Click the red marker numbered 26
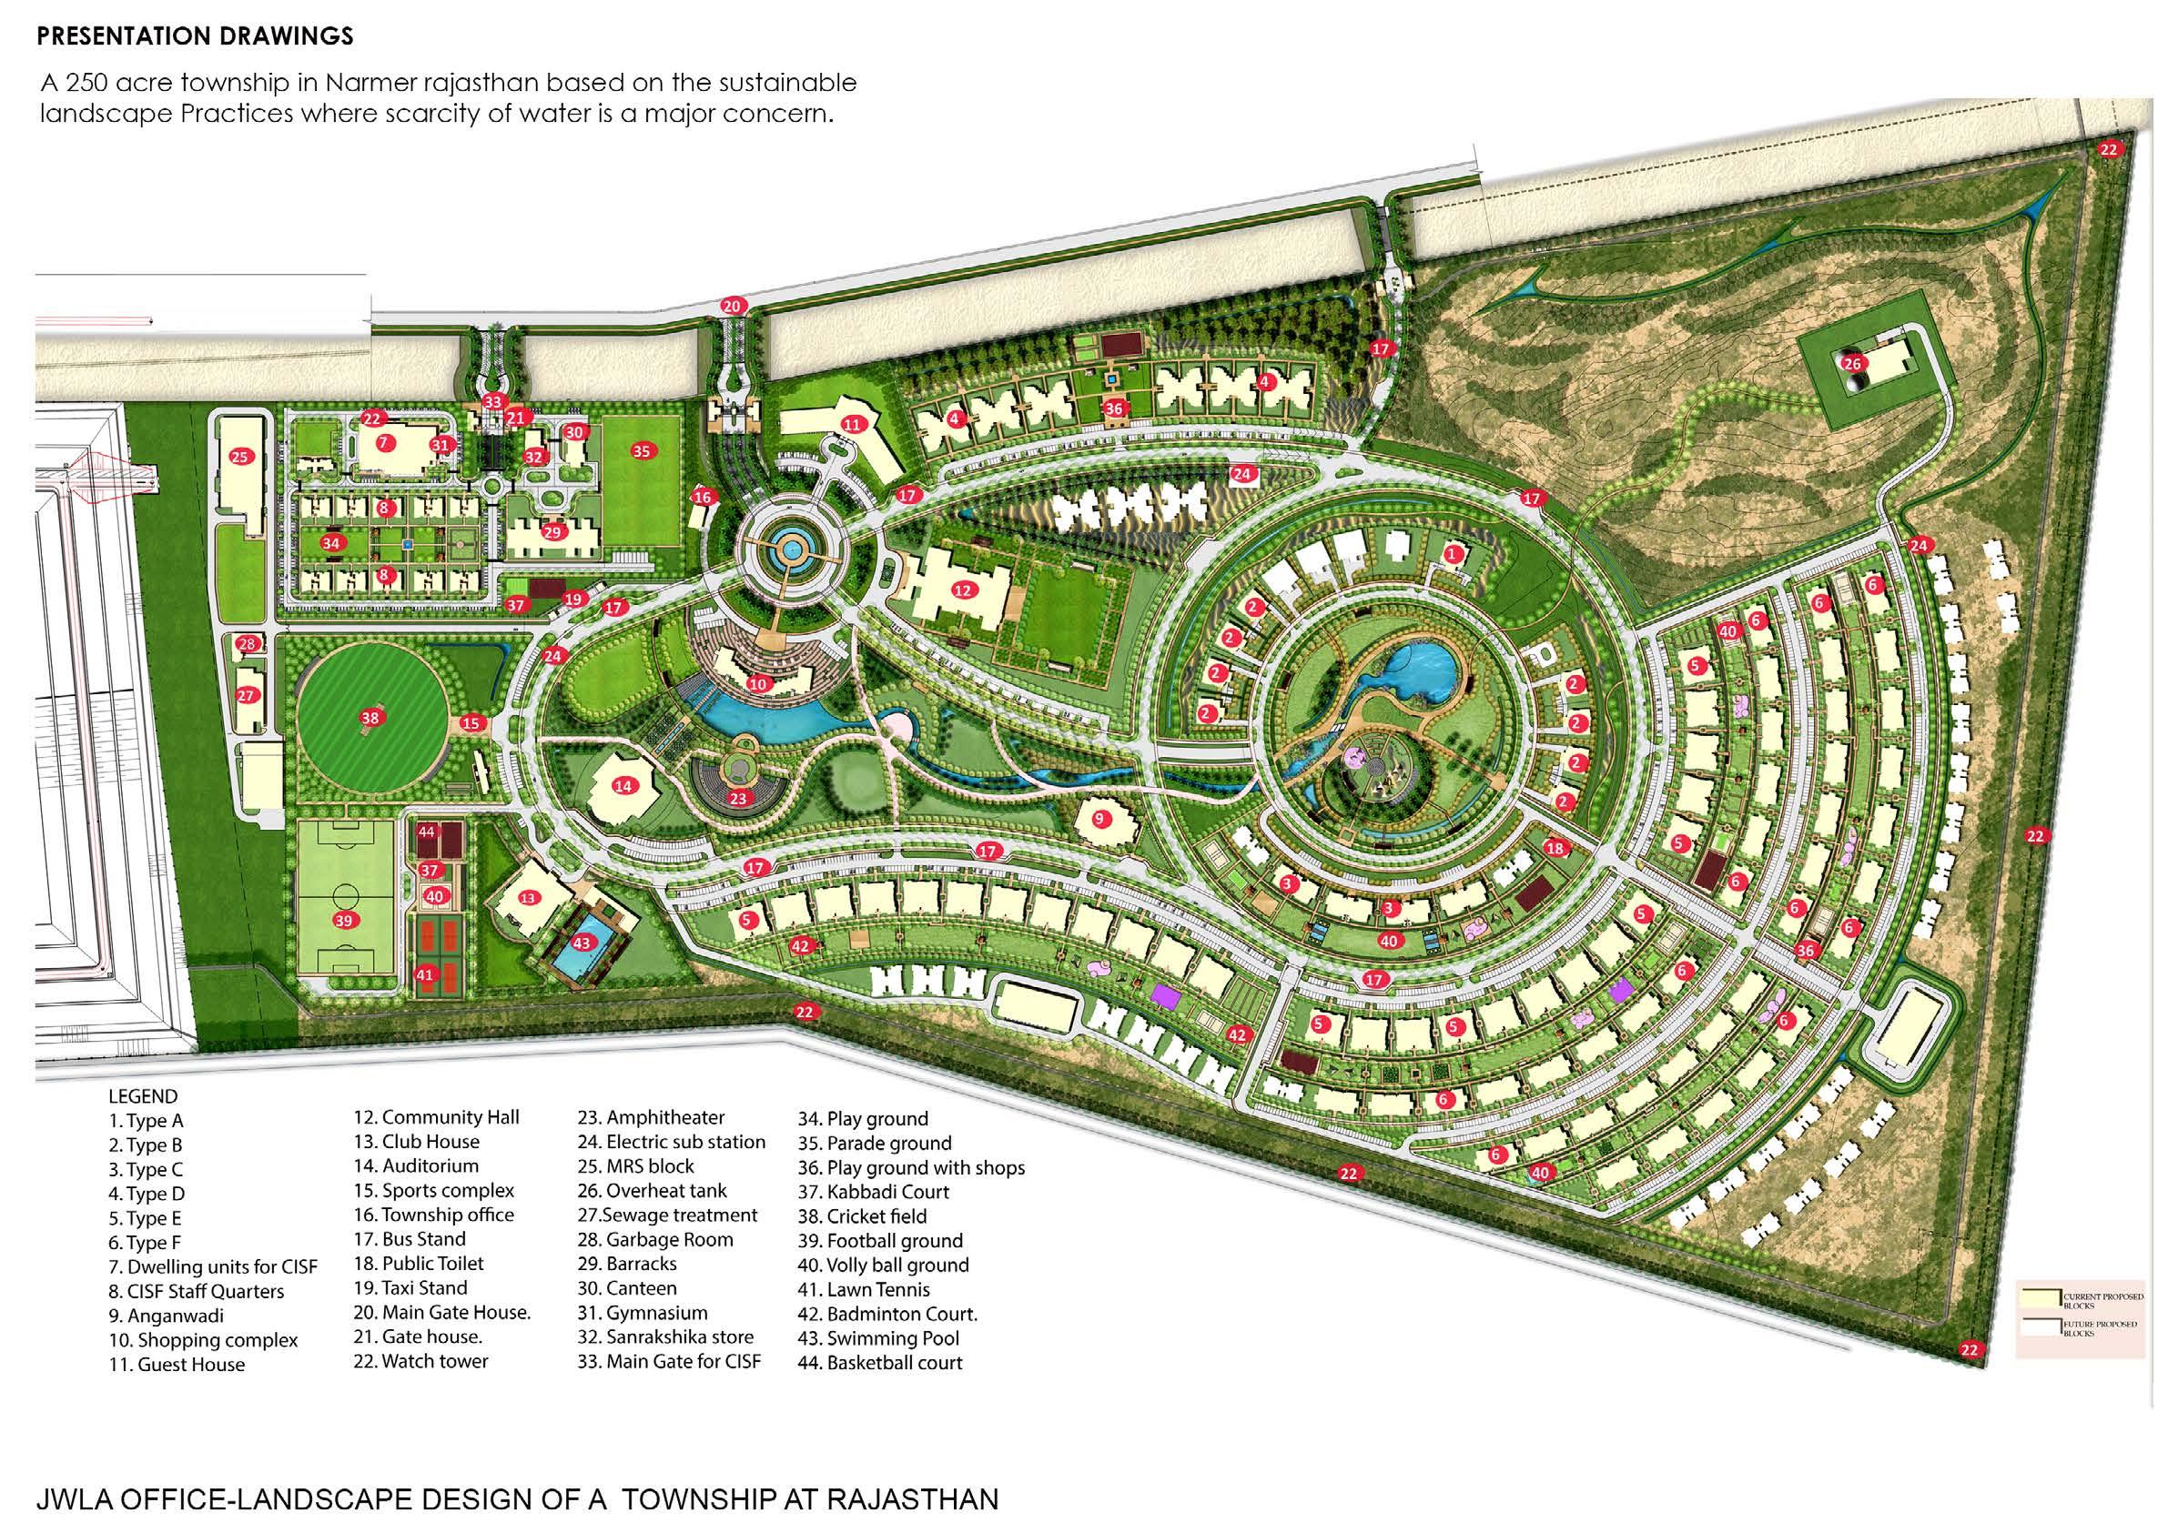point(1851,363)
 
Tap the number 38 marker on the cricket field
point(370,718)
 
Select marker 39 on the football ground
point(344,921)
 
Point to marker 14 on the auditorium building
point(623,785)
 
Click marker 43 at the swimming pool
point(582,942)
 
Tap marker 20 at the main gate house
point(733,305)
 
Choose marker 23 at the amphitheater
point(738,799)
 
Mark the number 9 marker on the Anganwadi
point(1099,820)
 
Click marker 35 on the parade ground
point(642,451)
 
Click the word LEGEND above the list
point(143,1096)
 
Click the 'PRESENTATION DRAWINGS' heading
point(195,36)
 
